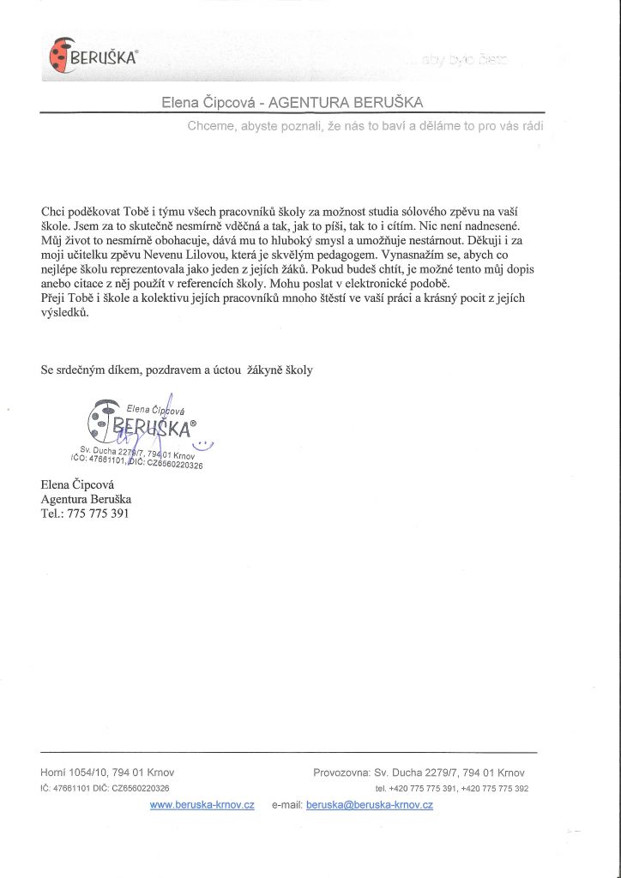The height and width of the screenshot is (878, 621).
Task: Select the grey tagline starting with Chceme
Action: (x=365, y=126)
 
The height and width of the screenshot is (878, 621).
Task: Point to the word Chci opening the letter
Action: (x=52, y=211)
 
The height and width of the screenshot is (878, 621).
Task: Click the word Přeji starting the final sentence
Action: (x=55, y=298)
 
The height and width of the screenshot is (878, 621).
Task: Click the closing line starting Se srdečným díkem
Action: (x=177, y=370)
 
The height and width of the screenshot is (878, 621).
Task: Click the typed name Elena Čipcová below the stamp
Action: (x=81, y=484)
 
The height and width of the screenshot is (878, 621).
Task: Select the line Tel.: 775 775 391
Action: (x=85, y=514)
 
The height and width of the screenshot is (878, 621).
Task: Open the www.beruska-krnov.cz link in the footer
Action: (x=202, y=805)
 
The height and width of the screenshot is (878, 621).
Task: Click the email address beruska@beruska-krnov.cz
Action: (x=369, y=805)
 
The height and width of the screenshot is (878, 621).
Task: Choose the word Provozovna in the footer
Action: (x=341, y=773)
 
